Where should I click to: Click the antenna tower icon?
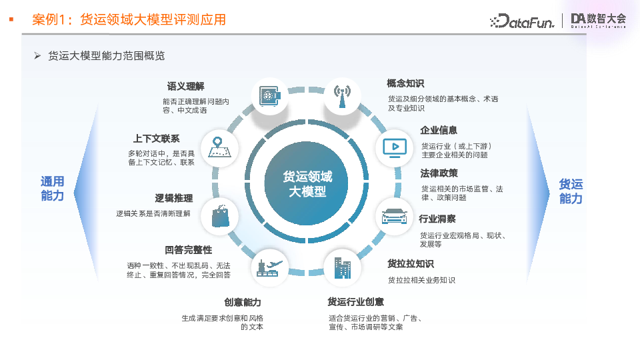point(343,97)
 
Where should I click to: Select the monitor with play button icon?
point(393,147)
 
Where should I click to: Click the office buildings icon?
point(342,267)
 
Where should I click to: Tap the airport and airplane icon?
point(270,267)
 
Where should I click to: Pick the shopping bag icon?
point(220,217)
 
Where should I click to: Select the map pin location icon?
point(219,147)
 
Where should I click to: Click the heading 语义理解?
point(185,87)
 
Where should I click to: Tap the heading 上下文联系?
point(156,139)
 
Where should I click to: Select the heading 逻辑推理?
point(174,199)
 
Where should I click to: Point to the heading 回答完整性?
point(188,250)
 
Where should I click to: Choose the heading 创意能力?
point(243,302)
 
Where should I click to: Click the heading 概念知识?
point(405,83)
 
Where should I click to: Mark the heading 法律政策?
point(439,173)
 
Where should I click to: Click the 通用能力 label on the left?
point(53,189)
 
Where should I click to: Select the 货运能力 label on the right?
point(571,191)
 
